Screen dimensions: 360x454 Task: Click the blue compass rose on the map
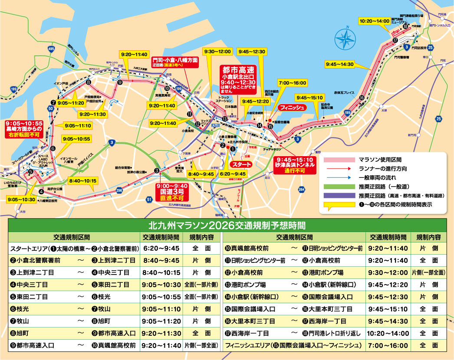point(345,38)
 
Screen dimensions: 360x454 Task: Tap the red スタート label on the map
point(241,164)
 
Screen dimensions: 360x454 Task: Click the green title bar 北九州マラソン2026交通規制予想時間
point(227,226)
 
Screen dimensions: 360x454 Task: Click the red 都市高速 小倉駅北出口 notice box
point(238,80)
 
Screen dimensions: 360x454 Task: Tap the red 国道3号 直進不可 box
point(172,191)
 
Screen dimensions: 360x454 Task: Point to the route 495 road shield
point(52,49)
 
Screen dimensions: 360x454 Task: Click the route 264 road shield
point(302,189)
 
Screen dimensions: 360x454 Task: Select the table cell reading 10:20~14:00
point(387,334)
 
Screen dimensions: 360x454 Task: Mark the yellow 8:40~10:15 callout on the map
point(82,180)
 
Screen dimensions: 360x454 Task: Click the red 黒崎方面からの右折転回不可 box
point(24,129)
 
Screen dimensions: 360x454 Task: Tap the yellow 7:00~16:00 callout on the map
point(293,83)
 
